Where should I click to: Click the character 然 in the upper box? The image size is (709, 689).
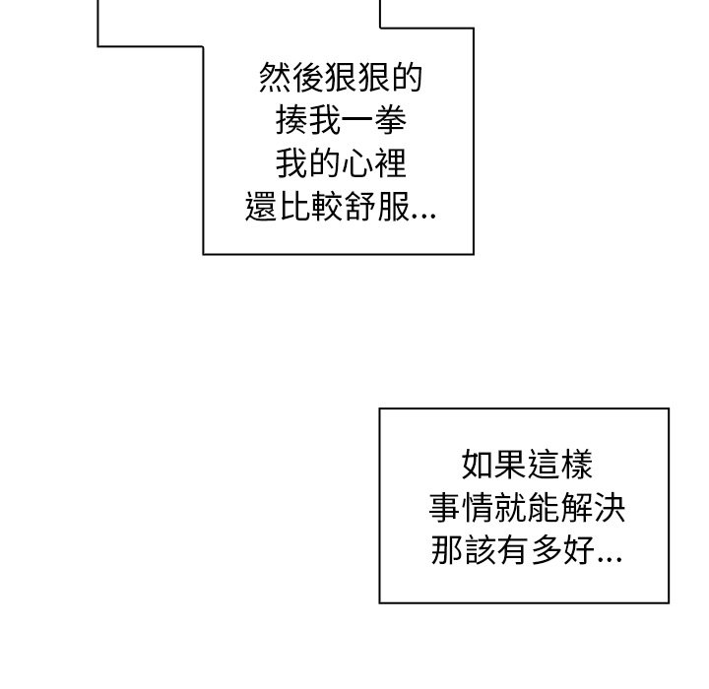point(275,78)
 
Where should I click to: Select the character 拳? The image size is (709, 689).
point(390,120)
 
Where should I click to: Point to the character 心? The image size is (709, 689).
point(357,163)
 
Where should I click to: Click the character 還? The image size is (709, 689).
point(261,206)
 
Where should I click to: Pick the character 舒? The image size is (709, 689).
point(359,206)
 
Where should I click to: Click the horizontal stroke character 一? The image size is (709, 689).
point(357,121)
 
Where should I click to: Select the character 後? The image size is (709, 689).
point(307,78)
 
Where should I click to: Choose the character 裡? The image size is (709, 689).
point(390,163)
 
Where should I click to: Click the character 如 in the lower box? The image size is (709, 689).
point(478,464)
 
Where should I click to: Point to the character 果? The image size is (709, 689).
point(510,464)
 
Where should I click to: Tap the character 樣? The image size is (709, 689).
point(576,464)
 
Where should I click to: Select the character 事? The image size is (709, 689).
point(445,507)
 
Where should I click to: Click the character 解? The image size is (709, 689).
point(576,507)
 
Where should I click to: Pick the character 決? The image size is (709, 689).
point(610,507)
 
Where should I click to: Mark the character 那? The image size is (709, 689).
point(447,550)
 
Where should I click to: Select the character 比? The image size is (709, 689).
point(293,206)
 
